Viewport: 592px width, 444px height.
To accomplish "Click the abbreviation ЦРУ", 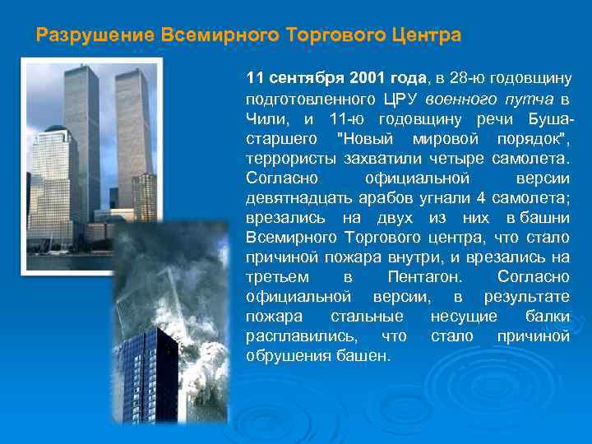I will pos(402,99).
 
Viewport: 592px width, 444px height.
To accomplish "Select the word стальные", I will pos(375,317).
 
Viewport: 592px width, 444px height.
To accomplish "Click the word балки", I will pos(547,317).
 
